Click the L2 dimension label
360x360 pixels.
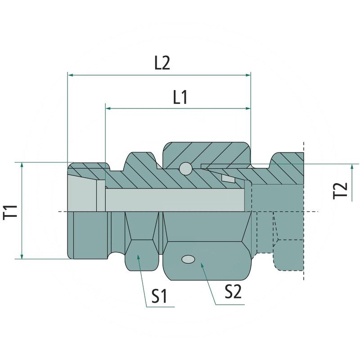162,63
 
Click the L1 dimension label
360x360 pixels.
180,98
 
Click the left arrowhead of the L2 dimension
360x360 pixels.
70,75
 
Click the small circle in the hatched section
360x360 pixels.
185,168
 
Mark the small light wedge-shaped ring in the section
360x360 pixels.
228,179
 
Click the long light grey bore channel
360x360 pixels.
175,195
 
